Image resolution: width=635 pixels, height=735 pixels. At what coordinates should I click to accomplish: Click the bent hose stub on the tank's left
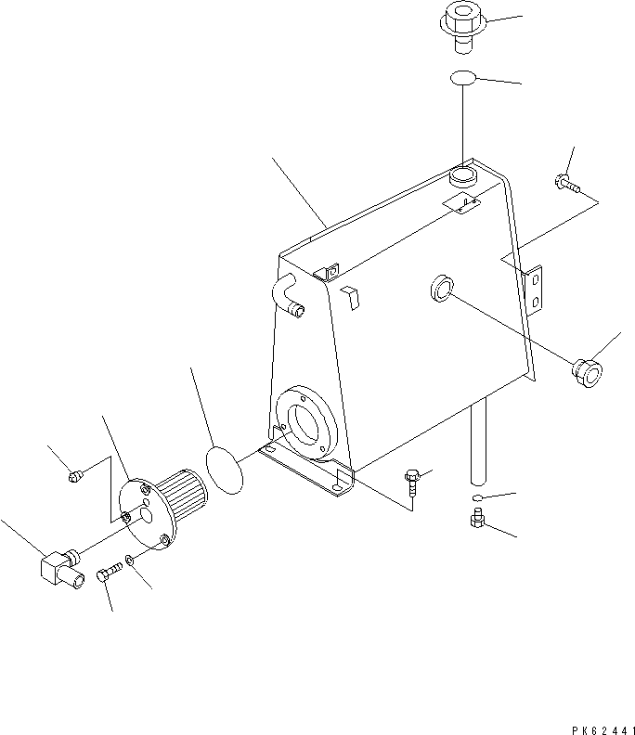(x=284, y=295)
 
